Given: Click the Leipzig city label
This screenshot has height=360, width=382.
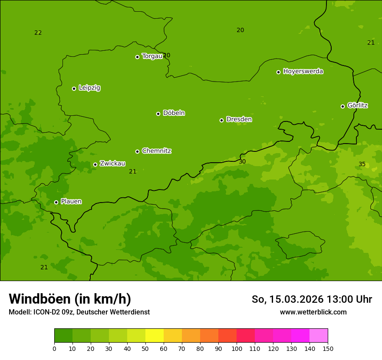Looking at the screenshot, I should click(89, 88).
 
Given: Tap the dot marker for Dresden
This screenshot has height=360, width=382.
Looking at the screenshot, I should click(221, 120).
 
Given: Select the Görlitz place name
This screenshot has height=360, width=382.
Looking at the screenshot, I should click(357, 105).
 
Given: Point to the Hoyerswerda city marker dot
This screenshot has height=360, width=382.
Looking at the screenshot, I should click(278, 72).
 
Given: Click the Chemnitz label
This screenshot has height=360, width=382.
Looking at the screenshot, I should click(156, 151).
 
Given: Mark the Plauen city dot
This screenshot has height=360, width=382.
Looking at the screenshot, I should click(56, 202).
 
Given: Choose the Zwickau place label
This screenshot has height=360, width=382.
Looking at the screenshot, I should click(112, 164).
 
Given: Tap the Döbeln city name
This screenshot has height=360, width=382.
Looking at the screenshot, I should click(174, 113).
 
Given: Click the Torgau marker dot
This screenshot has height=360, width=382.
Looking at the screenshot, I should click(137, 57).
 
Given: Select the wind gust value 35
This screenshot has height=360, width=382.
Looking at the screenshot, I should click(362, 164).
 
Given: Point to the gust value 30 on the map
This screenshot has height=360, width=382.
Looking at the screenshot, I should click(242, 161).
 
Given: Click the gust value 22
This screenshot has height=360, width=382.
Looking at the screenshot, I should click(38, 33).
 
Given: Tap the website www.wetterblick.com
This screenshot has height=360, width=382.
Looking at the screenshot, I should click(313, 312).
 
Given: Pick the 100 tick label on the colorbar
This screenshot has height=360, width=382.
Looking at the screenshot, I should click(237, 348).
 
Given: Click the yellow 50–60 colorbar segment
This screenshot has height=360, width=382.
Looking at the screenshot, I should click(155, 336).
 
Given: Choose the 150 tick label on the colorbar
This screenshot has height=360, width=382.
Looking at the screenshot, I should click(328, 348).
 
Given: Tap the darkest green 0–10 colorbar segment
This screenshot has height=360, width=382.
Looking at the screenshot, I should click(63, 336).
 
